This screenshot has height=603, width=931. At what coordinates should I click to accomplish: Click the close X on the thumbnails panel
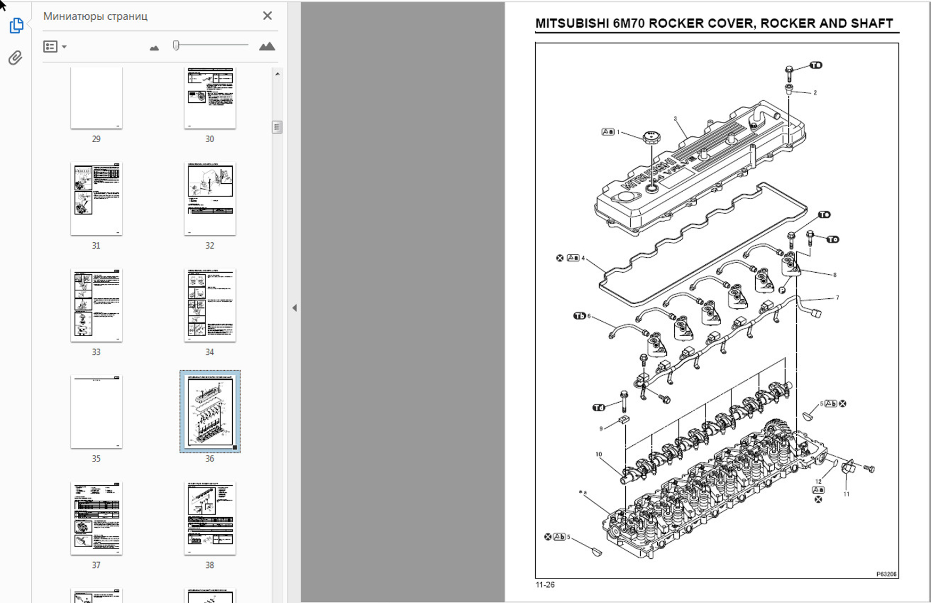(x=267, y=16)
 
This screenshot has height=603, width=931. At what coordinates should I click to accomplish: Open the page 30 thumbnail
(x=210, y=98)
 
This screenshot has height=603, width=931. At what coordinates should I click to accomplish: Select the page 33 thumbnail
(x=96, y=305)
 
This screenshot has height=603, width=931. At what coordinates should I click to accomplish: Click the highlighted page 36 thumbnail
(x=210, y=411)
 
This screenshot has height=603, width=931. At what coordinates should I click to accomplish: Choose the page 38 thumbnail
(x=210, y=518)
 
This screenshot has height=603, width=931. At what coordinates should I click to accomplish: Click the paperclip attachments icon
(x=15, y=58)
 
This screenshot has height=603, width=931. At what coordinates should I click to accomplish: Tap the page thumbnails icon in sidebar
(x=16, y=25)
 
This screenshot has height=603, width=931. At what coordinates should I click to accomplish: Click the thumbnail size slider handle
(x=176, y=46)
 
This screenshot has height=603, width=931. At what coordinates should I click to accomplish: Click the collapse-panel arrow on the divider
(x=295, y=308)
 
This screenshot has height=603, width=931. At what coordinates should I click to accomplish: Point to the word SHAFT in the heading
(x=871, y=23)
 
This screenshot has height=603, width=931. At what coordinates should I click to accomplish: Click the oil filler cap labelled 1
(x=651, y=138)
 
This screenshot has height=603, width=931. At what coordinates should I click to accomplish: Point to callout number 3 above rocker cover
(x=675, y=119)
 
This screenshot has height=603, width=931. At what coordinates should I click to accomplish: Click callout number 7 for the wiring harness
(x=837, y=298)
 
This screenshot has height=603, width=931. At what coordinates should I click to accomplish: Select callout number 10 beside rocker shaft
(x=599, y=454)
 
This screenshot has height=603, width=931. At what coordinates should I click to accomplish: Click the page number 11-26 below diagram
(x=545, y=585)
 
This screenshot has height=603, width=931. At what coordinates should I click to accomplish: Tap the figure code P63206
(x=886, y=574)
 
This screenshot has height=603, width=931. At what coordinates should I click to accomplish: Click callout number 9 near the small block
(x=601, y=428)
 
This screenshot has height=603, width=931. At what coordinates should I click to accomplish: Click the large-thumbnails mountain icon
(x=267, y=47)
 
